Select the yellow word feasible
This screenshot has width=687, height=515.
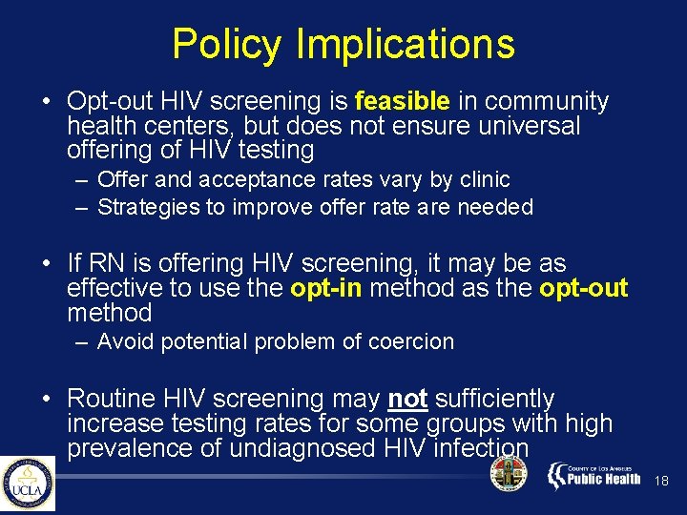(x=402, y=101)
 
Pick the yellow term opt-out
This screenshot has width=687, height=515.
(x=584, y=289)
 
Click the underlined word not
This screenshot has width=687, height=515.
(x=408, y=399)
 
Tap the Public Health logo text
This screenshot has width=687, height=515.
(x=604, y=478)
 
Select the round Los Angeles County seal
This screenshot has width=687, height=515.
(x=508, y=475)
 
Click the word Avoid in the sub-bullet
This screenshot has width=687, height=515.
(x=125, y=341)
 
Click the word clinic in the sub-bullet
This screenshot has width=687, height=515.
(x=484, y=179)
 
